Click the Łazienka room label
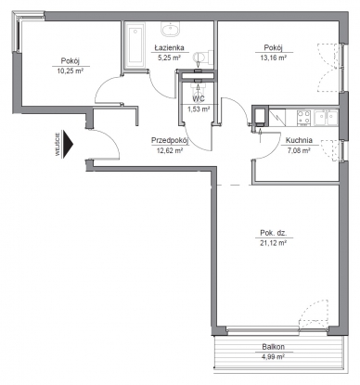pos(169,47)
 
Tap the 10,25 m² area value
pos(71,71)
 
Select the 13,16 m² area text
pos(274,58)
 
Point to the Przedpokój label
pos(170,141)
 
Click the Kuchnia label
pos(299,140)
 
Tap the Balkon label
pos(274,347)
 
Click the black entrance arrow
pos(68,144)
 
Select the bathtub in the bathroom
pos(135,45)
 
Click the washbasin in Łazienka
pos(170,30)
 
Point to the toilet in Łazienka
pos(203,57)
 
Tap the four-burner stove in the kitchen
pos(303,118)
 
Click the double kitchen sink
pos(326,118)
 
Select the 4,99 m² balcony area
pos(273,357)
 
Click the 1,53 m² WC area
pos(199,109)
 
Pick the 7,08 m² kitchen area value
pos(299,150)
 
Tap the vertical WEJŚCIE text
pos(58,144)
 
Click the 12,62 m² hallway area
pos(170,151)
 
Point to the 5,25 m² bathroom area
pos(169,58)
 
